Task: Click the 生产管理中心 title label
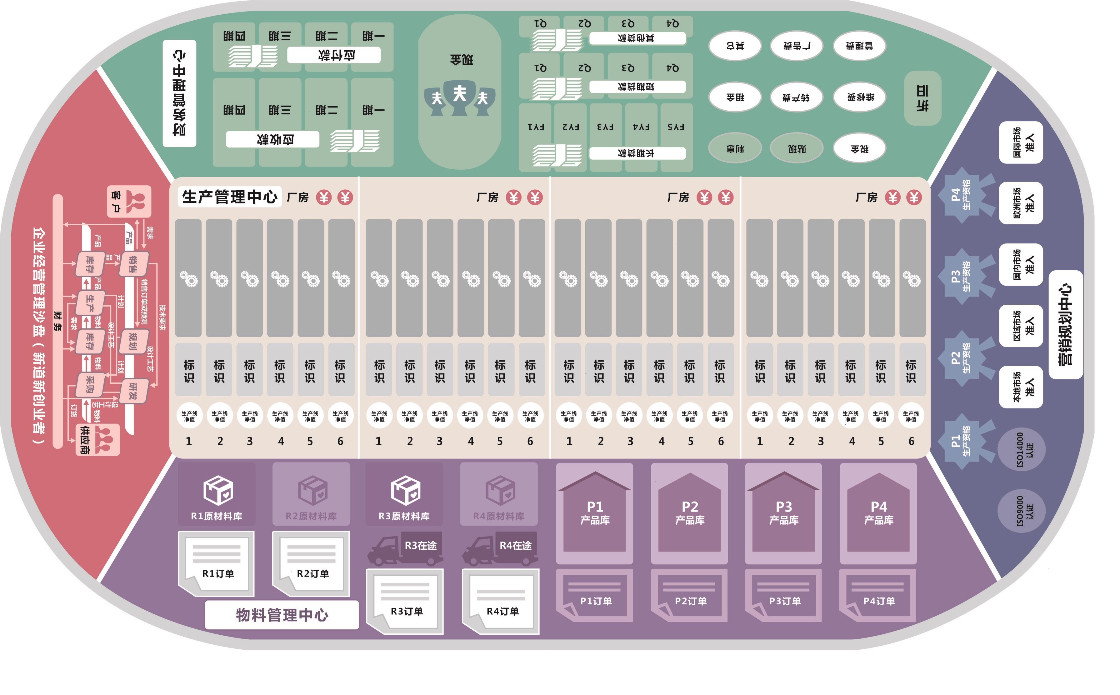[229, 197]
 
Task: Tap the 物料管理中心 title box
[282, 615]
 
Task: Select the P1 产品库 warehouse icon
[594, 512]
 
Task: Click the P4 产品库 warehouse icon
[878, 512]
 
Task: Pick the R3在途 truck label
[420, 545]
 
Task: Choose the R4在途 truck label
[515, 545]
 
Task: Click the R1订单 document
[217, 563]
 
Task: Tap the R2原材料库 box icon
[312, 490]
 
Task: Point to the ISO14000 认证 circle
[1022, 450]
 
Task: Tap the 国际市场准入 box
[1021, 142]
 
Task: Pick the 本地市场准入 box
[1021, 387]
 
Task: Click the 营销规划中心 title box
[1066, 324]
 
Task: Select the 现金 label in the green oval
[461, 60]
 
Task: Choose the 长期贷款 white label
[637, 153]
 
